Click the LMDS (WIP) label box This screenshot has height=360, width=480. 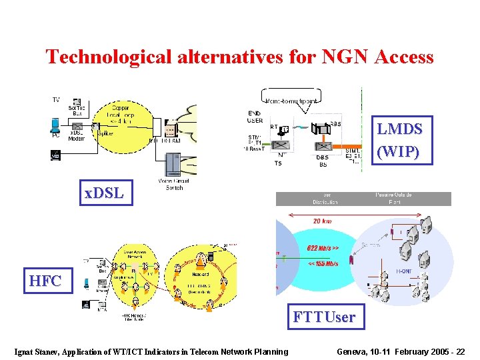(399, 140)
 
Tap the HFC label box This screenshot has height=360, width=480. (45, 281)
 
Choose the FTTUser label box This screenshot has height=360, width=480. (324, 317)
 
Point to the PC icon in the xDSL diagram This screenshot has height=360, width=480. (56, 126)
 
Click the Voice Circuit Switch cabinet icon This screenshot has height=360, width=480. (173, 164)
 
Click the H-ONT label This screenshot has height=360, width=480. (404, 271)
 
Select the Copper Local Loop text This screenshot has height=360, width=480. (121, 111)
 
